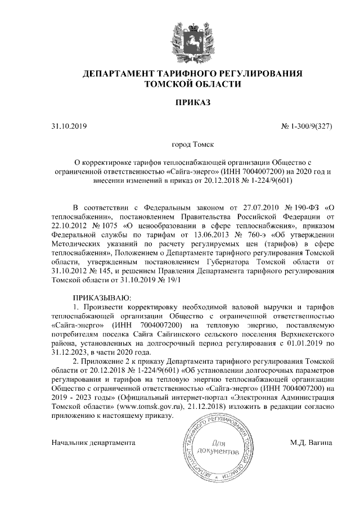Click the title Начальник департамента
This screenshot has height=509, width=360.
click(x=94, y=443)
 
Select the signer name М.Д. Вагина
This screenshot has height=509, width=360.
click(x=311, y=443)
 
